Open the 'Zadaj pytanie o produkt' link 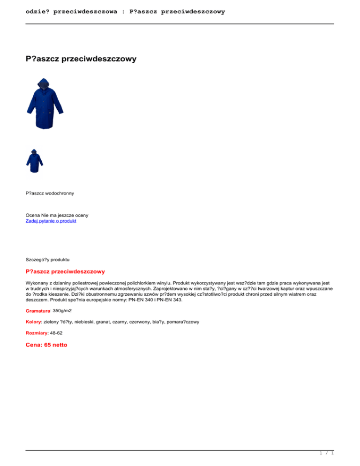pyautogui.click(x=51, y=221)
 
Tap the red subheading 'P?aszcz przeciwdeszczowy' pyautogui.click(x=65, y=271)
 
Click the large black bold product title pyautogui.click(x=81, y=59)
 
